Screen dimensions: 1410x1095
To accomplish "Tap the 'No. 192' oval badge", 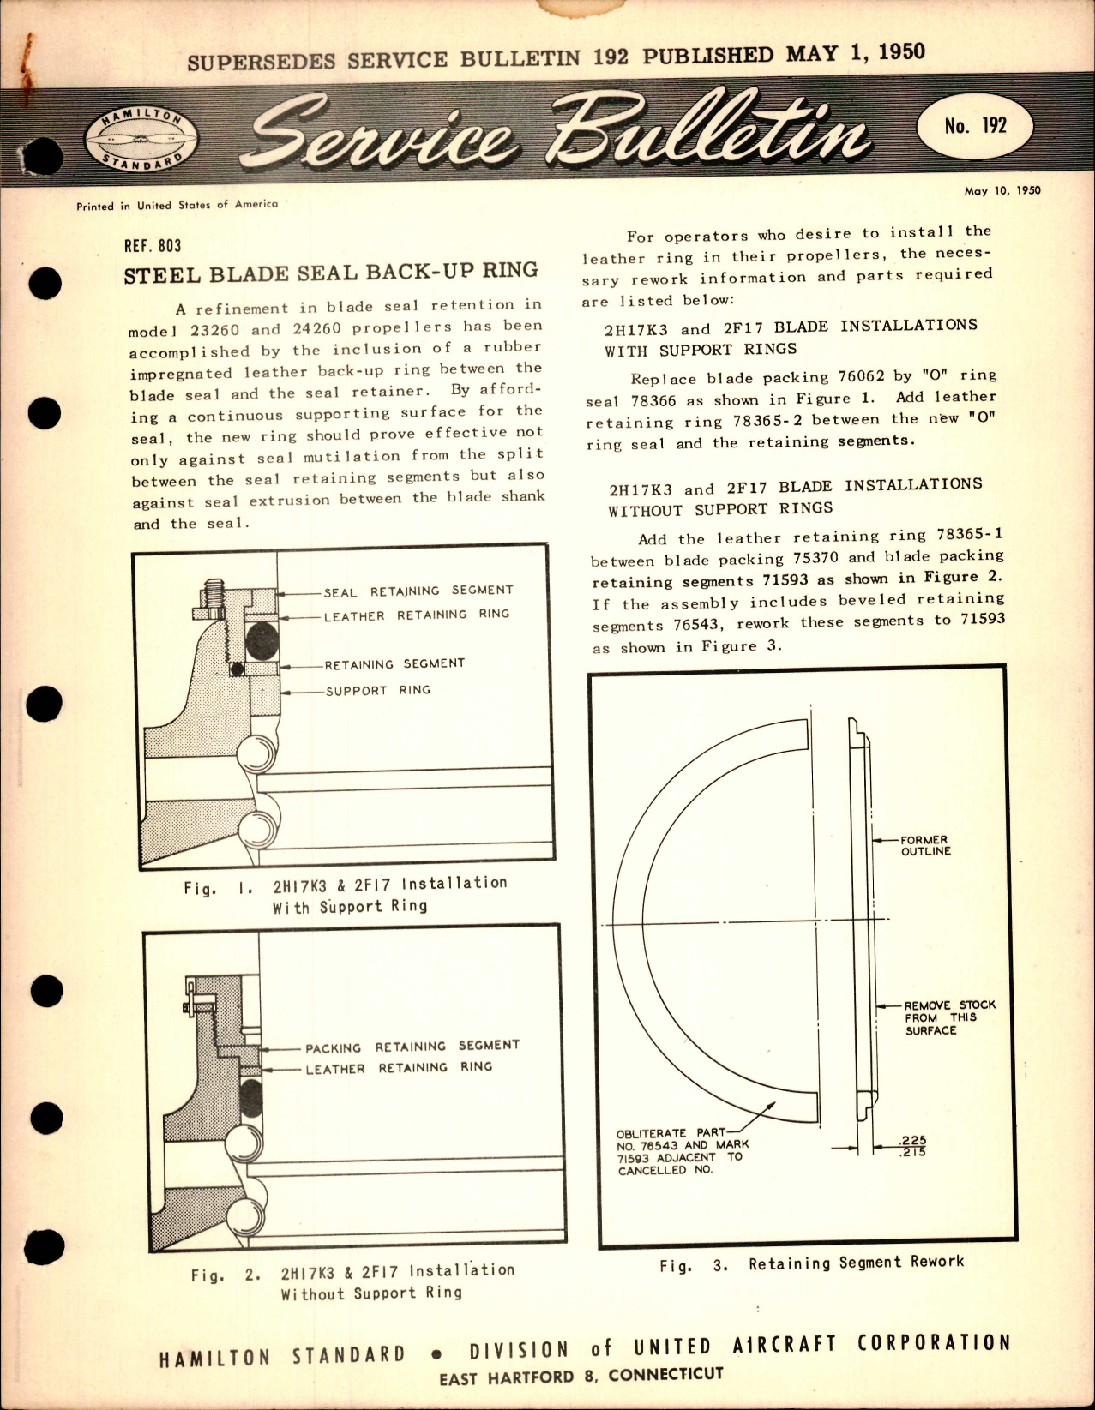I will pyautogui.click(x=975, y=126).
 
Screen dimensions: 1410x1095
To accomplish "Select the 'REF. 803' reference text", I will pyautogui.click(x=153, y=246).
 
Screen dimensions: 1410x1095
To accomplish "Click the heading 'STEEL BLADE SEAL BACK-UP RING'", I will pyautogui.click(x=330, y=273).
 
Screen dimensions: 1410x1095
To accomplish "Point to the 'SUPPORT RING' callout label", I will pyautogui.click(x=377, y=690).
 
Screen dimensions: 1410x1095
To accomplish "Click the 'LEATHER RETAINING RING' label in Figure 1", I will pyautogui.click(x=416, y=615).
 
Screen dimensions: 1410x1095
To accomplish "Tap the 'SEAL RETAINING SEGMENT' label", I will pyautogui.click(x=418, y=591).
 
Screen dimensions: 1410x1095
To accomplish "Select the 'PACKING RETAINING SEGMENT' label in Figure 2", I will pyautogui.click(x=412, y=1047).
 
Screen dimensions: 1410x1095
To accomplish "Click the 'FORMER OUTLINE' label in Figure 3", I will pyautogui.click(x=924, y=845).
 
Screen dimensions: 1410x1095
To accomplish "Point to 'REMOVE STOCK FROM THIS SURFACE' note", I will pyautogui.click(x=948, y=1017).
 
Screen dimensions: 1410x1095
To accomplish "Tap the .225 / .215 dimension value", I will pyautogui.click(x=914, y=1146).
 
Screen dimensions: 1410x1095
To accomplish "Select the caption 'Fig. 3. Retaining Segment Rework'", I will pyautogui.click(x=811, y=1263).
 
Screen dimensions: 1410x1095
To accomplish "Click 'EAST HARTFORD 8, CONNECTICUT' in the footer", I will pyautogui.click(x=581, y=1375).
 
